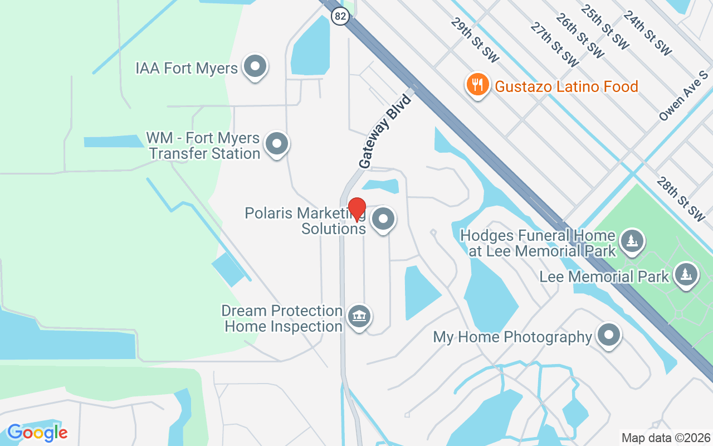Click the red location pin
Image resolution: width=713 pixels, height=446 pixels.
[x=357, y=210]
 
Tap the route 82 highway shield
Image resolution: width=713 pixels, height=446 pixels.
[x=340, y=17]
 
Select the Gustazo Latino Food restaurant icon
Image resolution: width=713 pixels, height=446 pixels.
[x=477, y=85]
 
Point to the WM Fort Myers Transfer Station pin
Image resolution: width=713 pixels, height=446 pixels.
[x=276, y=144]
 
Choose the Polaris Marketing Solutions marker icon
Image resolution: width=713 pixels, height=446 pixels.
[x=383, y=220]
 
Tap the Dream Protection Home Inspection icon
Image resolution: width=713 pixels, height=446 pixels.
[x=359, y=317]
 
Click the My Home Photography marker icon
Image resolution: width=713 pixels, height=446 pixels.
[x=608, y=336]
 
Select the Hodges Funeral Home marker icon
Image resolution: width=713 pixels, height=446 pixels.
[x=632, y=241]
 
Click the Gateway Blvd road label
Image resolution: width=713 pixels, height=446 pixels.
[x=385, y=132]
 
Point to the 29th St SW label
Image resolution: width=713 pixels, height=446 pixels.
[x=475, y=40]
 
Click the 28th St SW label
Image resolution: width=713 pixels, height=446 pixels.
[x=681, y=199]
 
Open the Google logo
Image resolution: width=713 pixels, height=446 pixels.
[x=38, y=433]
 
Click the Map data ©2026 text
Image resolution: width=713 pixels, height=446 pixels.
[x=666, y=438]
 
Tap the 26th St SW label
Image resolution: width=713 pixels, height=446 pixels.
[x=579, y=36]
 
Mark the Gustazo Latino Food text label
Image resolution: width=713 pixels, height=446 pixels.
[x=566, y=87]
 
